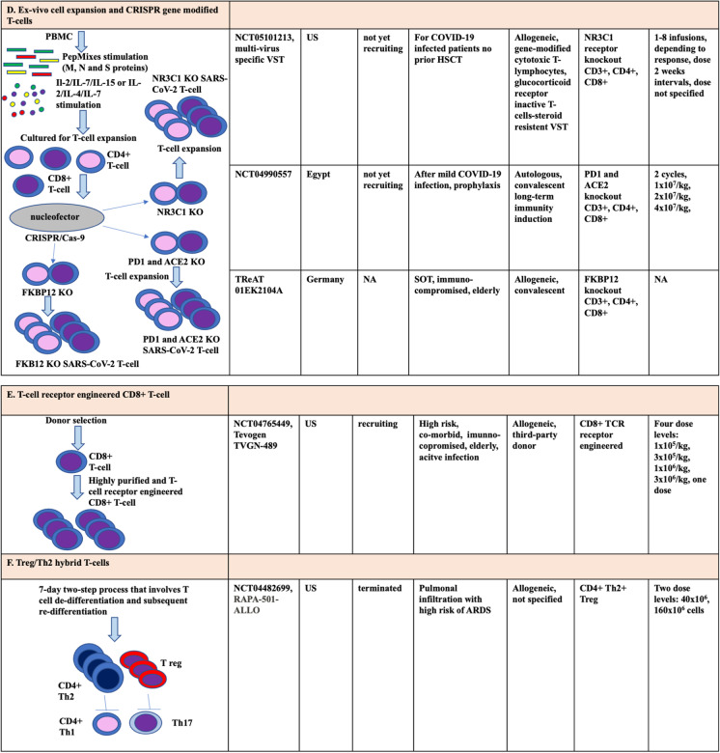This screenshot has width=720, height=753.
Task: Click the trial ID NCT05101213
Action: coord(267,39)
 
